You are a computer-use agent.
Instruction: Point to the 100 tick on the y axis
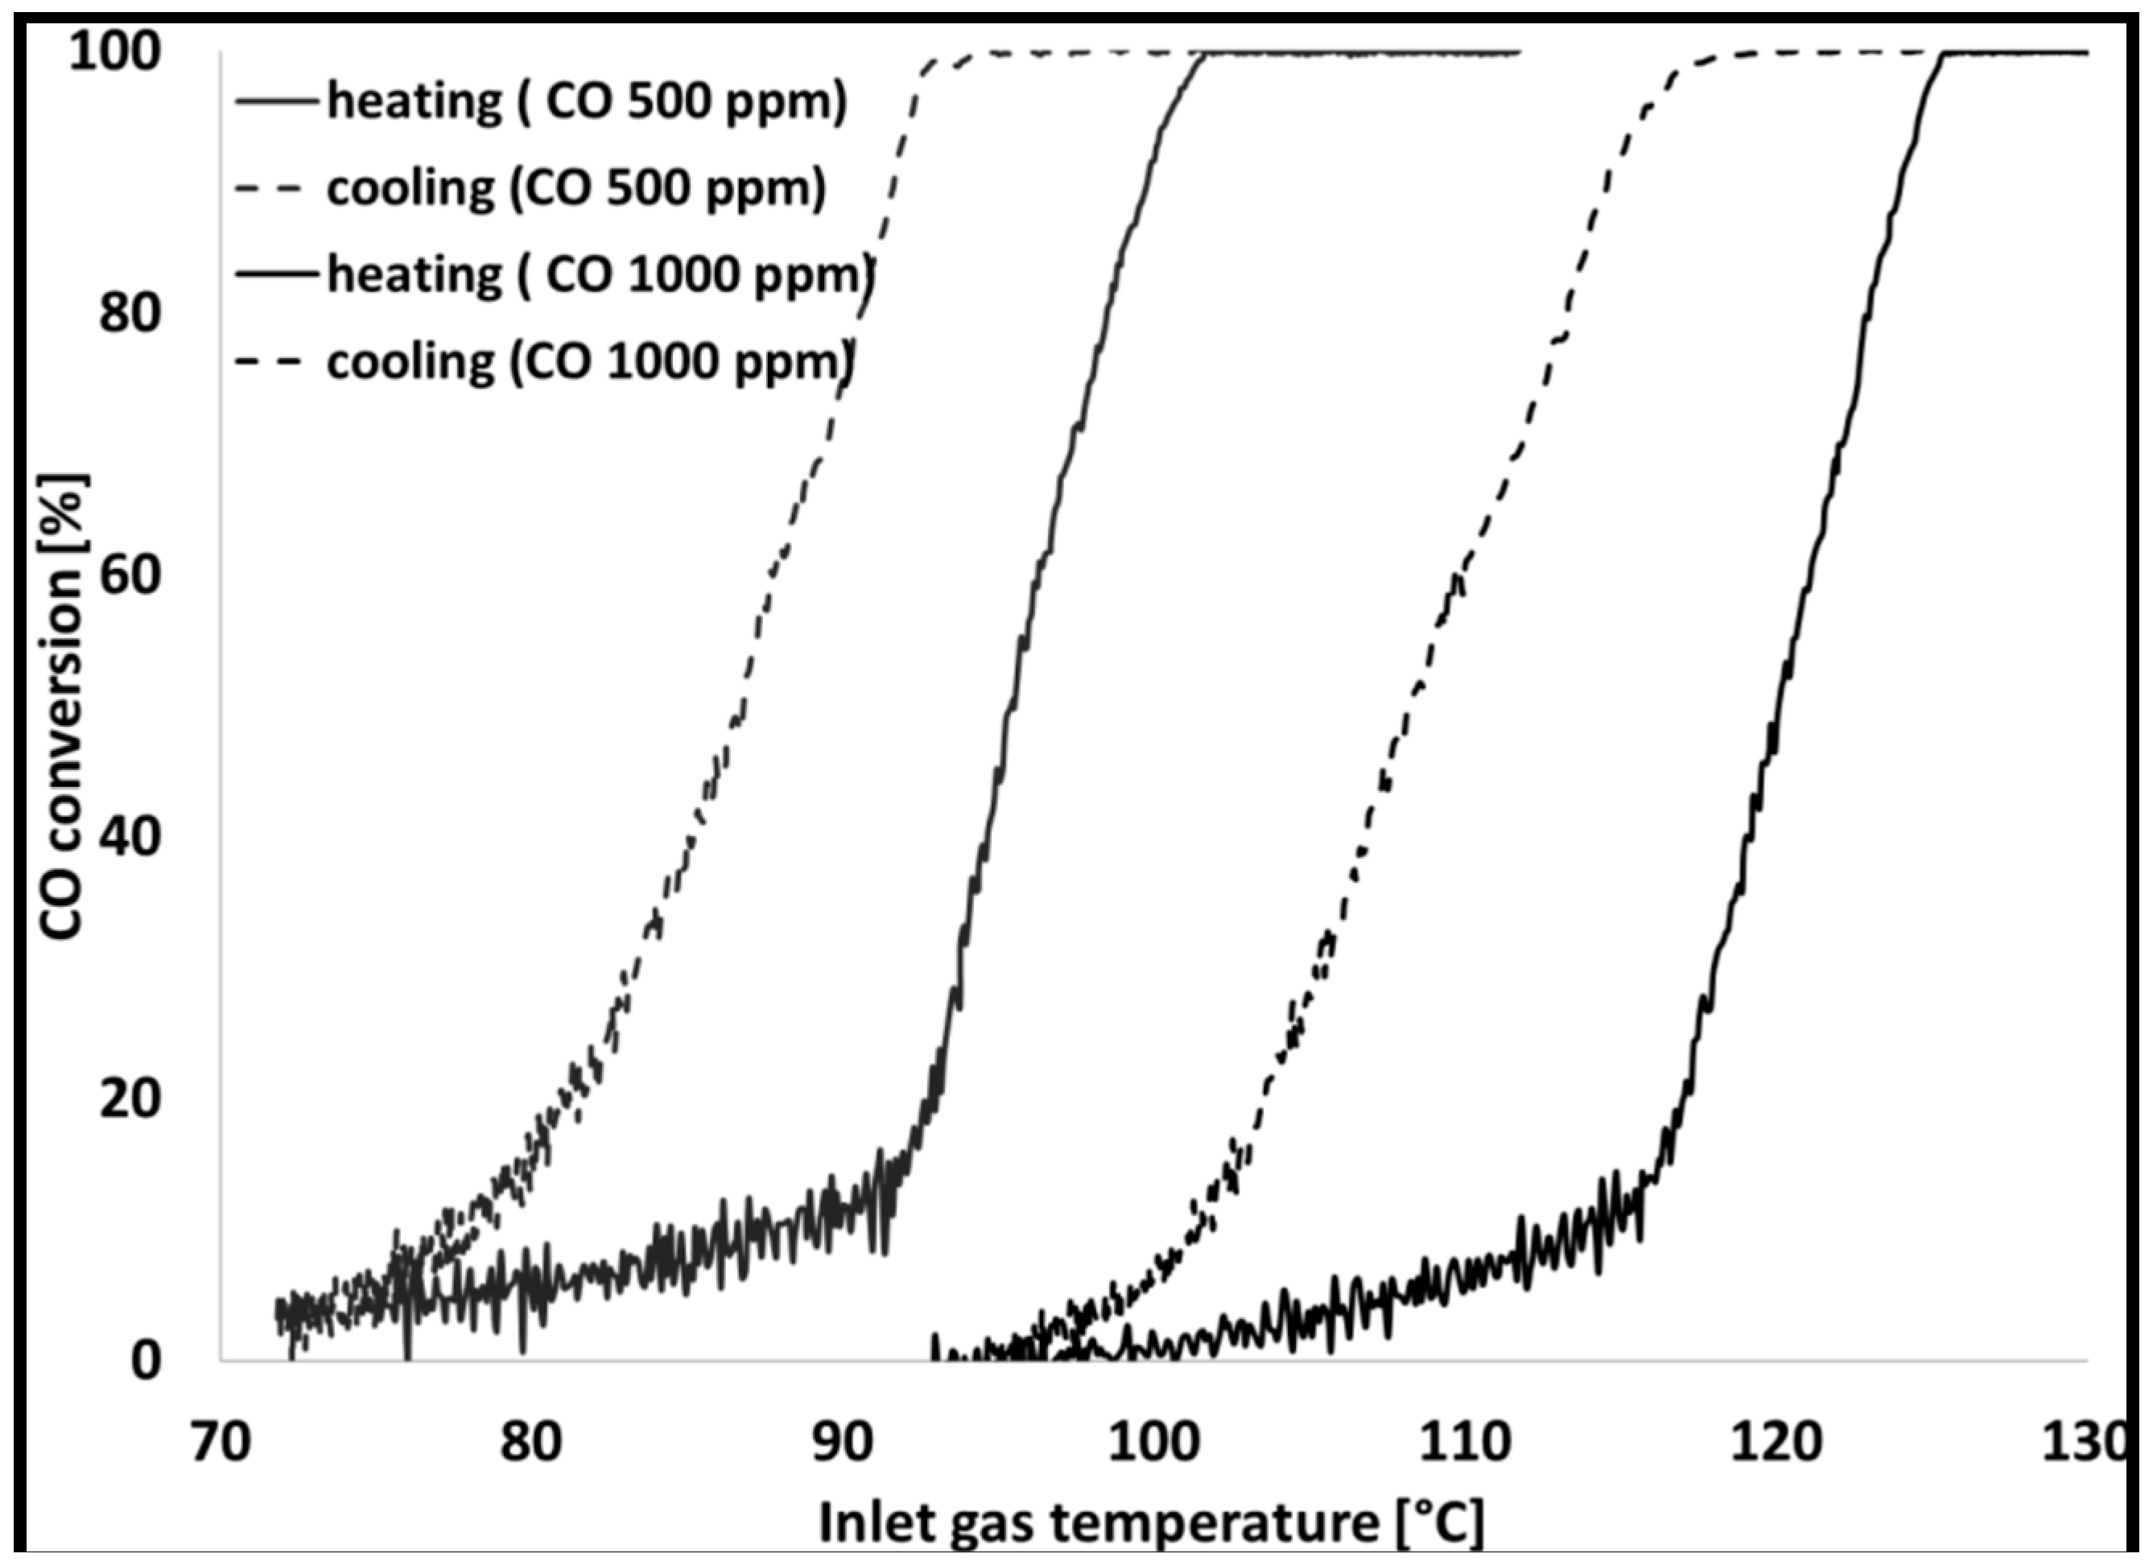[113, 52]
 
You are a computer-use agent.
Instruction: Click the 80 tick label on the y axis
[129, 314]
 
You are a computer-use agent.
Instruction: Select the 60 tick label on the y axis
[129, 576]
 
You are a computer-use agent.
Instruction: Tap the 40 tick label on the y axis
[129, 838]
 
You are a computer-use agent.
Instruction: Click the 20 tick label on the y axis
[129, 1099]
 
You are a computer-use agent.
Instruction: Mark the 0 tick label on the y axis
[145, 1361]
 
